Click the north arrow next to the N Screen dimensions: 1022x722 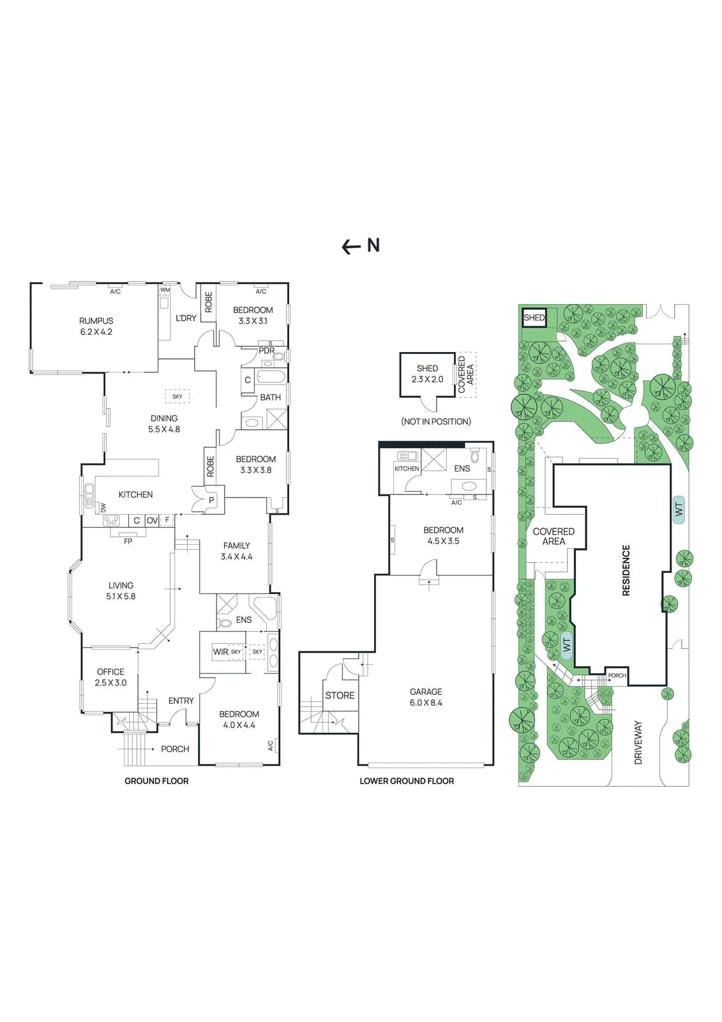click(x=351, y=247)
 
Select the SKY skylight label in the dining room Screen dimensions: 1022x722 click(x=177, y=397)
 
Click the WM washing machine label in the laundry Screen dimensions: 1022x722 click(x=165, y=290)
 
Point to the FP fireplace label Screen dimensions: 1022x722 click(x=128, y=541)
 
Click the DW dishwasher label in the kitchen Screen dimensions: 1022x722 click(x=103, y=508)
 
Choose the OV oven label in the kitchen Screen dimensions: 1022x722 click(x=152, y=521)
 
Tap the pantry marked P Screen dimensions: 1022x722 click(x=211, y=500)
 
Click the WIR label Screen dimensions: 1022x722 click(x=220, y=652)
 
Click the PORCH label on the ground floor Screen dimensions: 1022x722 click(x=175, y=749)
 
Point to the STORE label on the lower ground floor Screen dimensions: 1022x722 click(x=340, y=695)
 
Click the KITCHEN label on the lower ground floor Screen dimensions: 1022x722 click(x=407, y=469)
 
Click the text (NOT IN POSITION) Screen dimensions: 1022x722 click(x=436, y=422)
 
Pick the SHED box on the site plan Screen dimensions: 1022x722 click(x=534, y=317)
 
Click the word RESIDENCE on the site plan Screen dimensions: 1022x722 click(x=626, y=570)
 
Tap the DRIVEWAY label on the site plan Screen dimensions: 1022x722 click(x=638, y=742)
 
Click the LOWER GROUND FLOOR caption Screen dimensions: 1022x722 click(x=407, y=781)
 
